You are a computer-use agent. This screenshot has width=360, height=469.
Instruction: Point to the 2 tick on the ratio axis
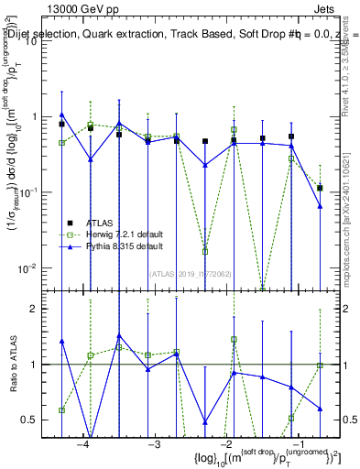39,309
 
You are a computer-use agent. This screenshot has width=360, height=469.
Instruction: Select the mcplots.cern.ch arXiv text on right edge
349,211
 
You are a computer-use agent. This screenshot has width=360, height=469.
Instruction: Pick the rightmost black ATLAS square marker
320,188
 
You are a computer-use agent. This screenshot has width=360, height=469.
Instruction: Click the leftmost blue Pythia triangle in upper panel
62,115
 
